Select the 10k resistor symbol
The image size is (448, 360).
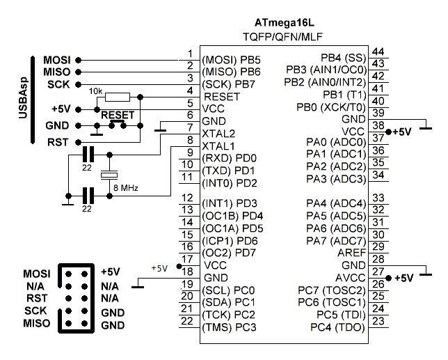click(119, 96)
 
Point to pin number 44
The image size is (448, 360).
click(378, 52)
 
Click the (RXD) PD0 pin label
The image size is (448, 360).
click(230, 158)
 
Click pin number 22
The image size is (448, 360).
click(186, 321)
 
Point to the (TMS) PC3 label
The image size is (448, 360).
click(229, 327)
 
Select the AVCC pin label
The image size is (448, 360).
click(351, 277)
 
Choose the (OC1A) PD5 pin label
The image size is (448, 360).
click(232, 228)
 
